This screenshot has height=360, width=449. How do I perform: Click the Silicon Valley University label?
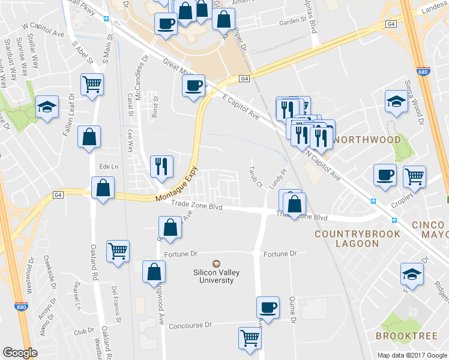216,276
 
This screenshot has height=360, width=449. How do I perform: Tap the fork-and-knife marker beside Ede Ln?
161,166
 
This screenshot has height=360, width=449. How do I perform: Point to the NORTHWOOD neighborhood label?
367,140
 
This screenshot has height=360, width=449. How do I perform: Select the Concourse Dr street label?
191,325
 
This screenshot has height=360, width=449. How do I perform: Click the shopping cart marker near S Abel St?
92,84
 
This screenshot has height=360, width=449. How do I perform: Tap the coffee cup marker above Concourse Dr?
268,307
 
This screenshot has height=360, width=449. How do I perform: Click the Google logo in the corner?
20,353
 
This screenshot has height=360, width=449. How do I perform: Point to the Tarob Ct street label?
256,175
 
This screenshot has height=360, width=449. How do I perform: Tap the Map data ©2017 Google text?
411,355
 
